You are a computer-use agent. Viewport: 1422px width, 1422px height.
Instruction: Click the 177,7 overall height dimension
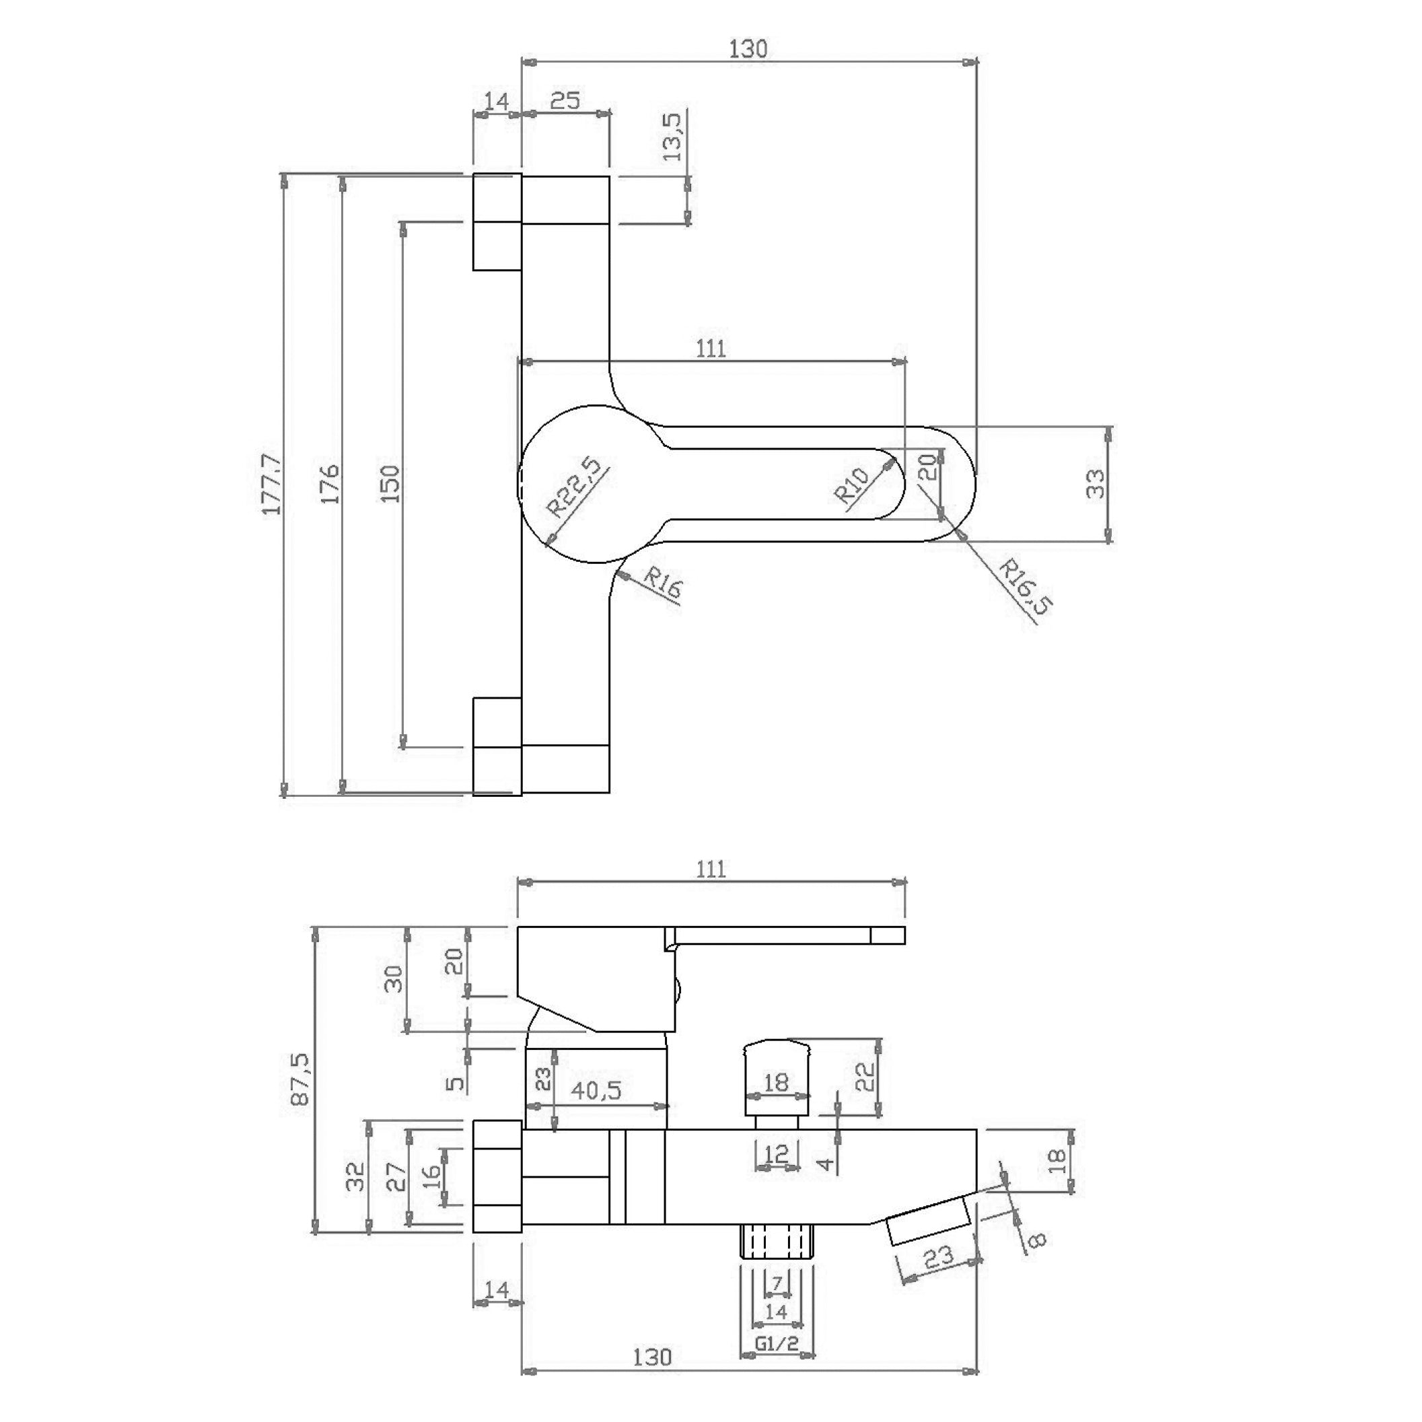tap(272, 485)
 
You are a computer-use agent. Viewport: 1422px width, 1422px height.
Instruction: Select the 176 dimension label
tap(330, 484)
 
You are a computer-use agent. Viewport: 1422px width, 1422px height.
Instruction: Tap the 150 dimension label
tap(391, 484)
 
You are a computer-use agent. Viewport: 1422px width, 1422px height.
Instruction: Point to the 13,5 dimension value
tap(673, 135)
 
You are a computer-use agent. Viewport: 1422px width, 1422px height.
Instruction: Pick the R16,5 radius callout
tap(1026, 586)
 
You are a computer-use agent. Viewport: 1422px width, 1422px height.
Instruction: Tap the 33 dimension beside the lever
tap(1096, 484)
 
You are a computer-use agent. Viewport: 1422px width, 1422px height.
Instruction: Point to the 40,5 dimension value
tap(596, 1090)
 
